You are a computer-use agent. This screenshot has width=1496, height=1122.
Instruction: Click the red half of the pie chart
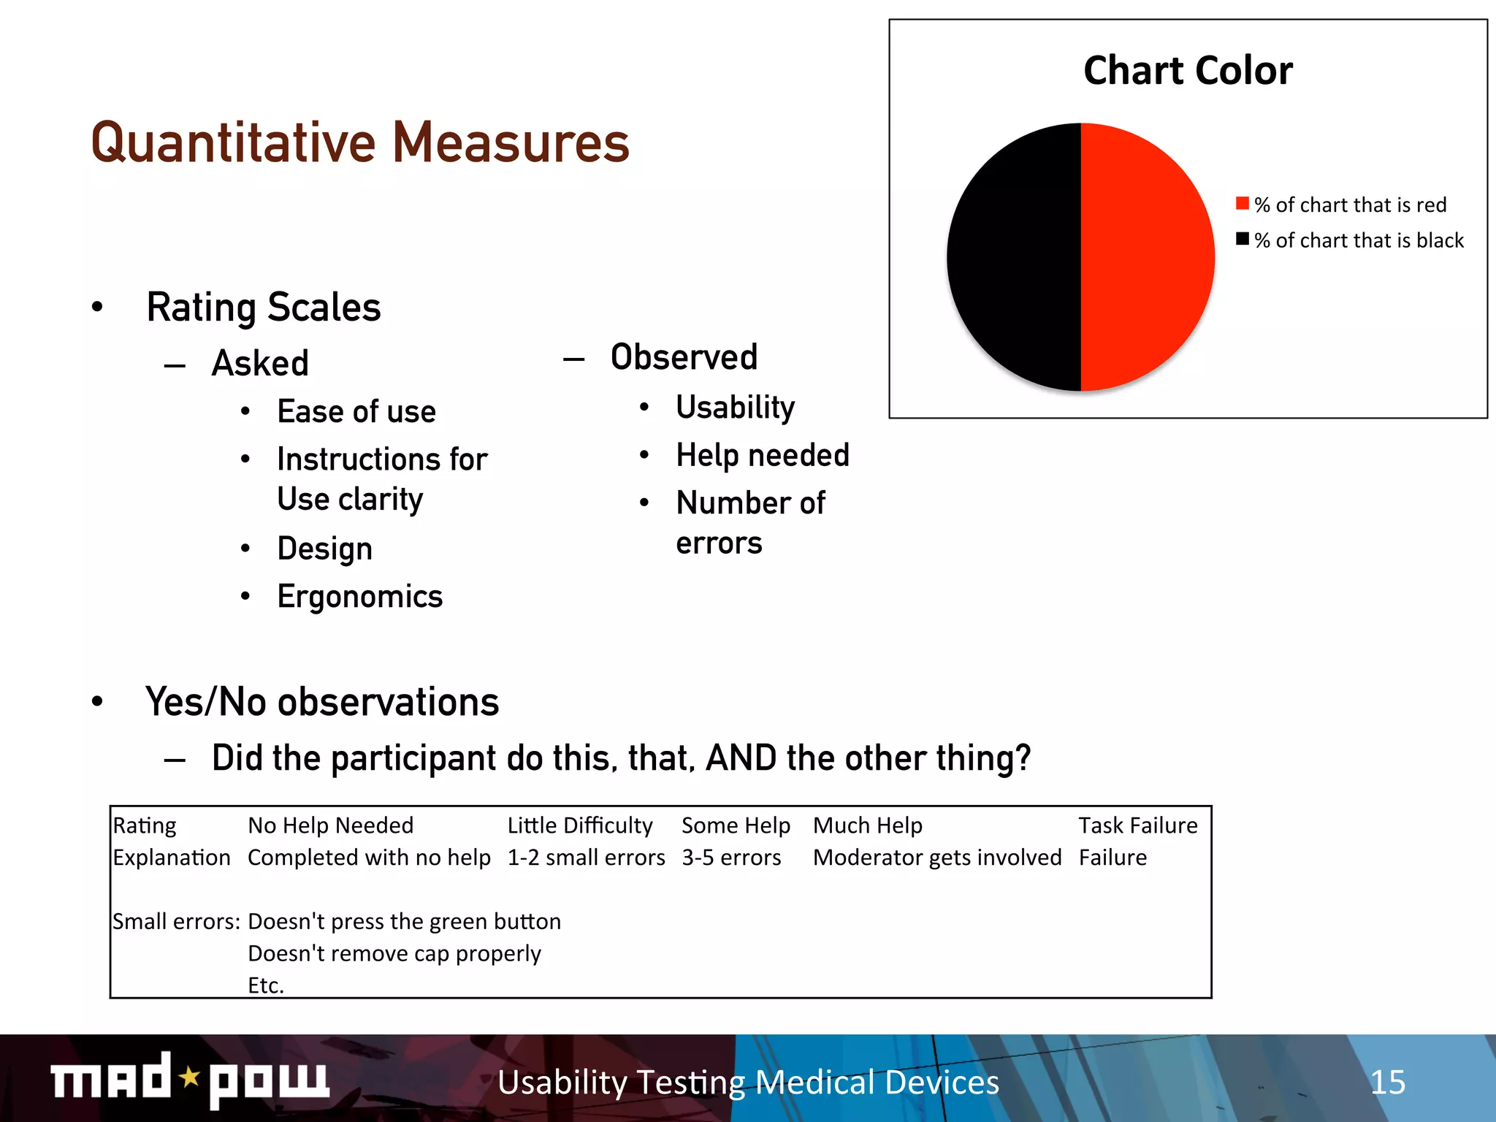[x=1147, y=257]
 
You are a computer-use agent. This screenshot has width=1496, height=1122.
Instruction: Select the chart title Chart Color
[x=1188, y=71]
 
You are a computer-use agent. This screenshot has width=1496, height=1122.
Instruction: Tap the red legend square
[x=1242, y=203]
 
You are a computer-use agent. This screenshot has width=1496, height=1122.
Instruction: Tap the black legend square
[x=1242, y=239]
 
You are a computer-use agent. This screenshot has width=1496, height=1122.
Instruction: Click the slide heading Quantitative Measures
[x=360, y=142]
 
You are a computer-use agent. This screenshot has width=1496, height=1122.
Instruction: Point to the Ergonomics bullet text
[x=360, y=597]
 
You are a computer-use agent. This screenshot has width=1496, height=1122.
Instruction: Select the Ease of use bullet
[x=356, y=412]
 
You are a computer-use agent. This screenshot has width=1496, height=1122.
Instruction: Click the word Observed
[x=684, y=357]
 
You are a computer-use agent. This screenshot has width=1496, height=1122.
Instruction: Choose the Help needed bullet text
[x=763, y=455]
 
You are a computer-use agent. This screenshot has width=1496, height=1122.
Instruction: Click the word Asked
[x=260, y=363]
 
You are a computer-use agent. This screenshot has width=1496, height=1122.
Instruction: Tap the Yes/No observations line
[x=322, y=702]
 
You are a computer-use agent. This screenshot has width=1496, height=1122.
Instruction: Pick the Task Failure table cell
[x=1138, y=825]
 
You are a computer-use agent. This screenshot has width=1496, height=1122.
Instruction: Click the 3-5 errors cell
[x=731, y=858]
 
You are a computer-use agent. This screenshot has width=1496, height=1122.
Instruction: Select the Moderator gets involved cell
[x=937, y=858]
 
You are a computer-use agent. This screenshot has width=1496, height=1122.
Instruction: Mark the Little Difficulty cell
[x=580, y=825]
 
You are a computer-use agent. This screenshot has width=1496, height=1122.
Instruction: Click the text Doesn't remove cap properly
[x=394, y=953]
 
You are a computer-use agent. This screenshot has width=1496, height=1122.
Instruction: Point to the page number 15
[x=1387, y=1082]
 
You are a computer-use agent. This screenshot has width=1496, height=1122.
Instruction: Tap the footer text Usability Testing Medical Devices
[x=748, y=1082]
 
